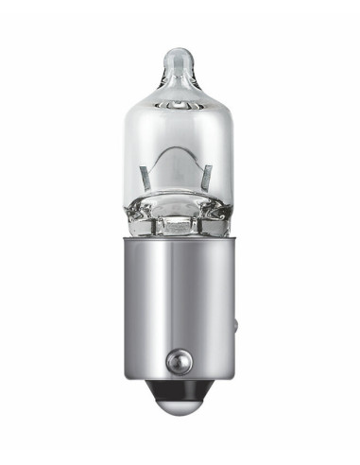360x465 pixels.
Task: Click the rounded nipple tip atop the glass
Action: tap(180, 59)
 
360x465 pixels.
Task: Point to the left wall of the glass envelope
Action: tap(129, 151)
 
